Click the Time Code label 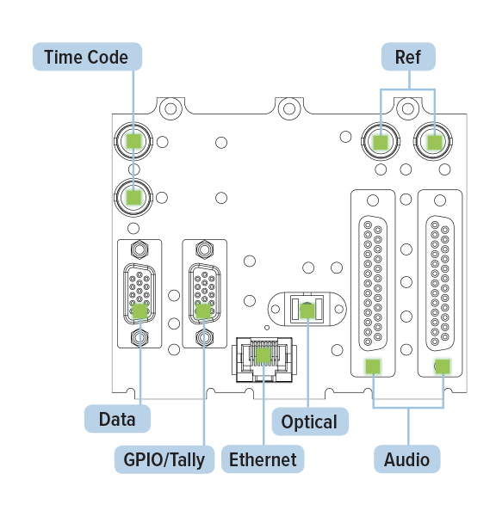tap(87, 57)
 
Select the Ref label tap(408, 57)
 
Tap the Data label tap(117, 419)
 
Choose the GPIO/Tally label tap(164, 459)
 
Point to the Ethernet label tap(263, 459)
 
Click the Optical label tap(310, 421)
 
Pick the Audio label tap(406, 459)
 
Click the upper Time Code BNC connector tap(133, 141)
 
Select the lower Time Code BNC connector tap(133, 198)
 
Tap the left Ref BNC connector tap(381, 141)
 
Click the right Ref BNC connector tap(433, 141)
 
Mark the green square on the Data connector tap(140, 311)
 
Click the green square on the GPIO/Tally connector tap(203, 311)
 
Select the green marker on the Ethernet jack tap(263, 355)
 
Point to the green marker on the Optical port tap(307, 311)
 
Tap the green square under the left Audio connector tap(373, 366)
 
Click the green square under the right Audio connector tap(443, 366)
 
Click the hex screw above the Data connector tap(140, 249)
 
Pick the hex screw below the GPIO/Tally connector tap(204, 337)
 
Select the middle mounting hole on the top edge tap(289, 108)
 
